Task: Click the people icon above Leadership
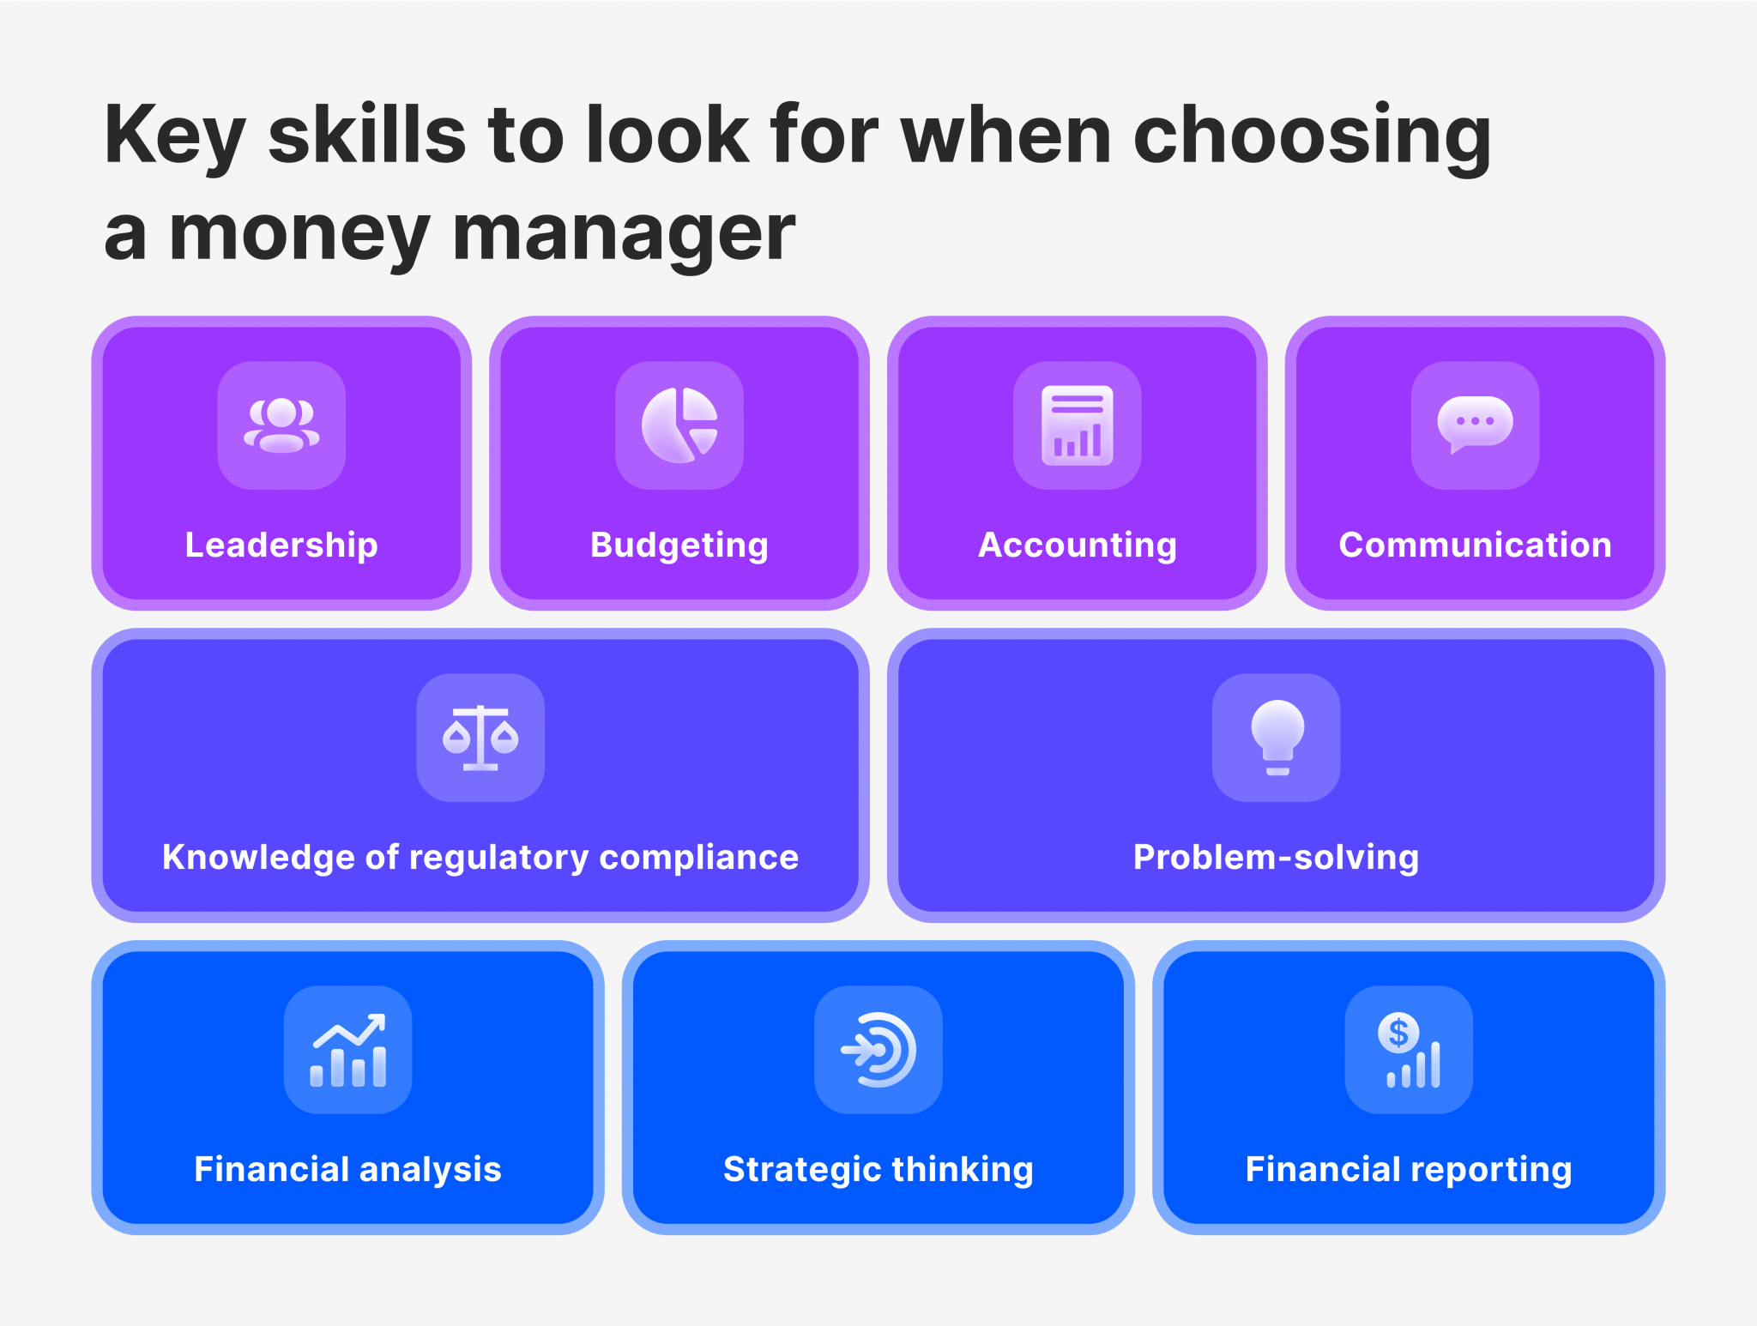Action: tap(281, 425)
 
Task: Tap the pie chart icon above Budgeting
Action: tap(679, 425)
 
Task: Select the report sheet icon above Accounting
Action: tap(1078, 425)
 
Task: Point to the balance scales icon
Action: tap(480, 738)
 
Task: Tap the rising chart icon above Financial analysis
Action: tap(348, 1050)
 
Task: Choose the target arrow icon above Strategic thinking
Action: tap(878, 1050)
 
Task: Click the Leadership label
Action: tap(281, 545)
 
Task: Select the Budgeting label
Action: tap(679, 545)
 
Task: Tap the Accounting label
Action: tap(1078, 545)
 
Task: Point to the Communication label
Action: tap(1475, 545)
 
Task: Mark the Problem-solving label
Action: tap(1277, 858)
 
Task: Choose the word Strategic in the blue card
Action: tap(801, 1170)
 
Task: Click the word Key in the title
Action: tap(175, 136)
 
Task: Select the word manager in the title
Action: tap(624, 233)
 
